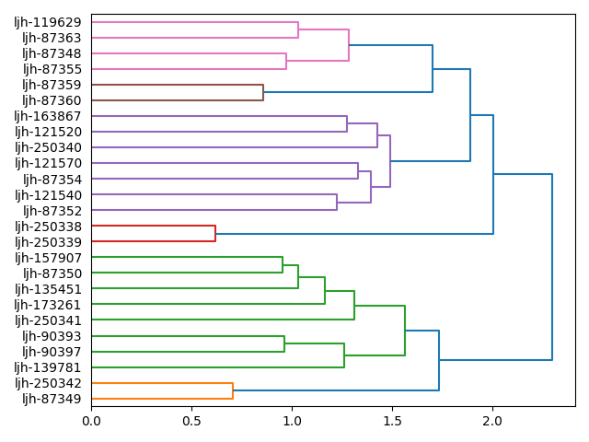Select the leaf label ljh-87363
click(52, 38)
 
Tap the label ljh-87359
click(52, 85)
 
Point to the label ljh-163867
click(48, 116)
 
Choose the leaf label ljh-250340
click(48, 147)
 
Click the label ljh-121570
click(48, 163)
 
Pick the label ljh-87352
click(52, 211)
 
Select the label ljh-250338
click(48, 227)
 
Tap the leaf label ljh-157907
click(48, 258)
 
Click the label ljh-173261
click(48, 305)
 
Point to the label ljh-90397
click(52, 352)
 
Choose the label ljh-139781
click(48, 367)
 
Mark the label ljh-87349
click(52, 399)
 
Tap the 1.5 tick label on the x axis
click(392, 420)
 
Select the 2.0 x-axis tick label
click(492, 420)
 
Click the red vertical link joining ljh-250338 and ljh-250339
click(215, 234)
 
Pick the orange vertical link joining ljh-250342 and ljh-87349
click(233, 391)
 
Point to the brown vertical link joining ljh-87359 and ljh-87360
click(263, 92)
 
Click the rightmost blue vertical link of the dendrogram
click(552, 267)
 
